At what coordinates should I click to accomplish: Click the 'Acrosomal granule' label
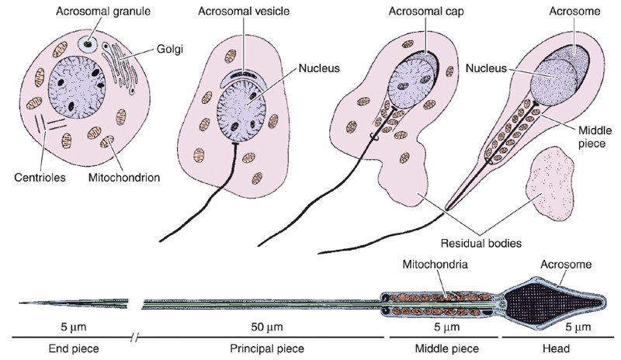coord(103,11)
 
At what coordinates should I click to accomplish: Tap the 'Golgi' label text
coord(170,49)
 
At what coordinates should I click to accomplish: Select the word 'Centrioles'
coord(40,177)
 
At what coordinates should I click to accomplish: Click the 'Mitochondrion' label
coord(124,177)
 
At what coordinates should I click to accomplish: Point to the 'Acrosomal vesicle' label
coord(244,11)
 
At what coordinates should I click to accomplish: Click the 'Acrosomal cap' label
coord(426,11)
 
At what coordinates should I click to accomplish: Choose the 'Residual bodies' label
coord(481,242)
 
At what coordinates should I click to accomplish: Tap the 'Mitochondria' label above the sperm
coord(435,264)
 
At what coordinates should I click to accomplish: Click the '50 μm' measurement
coord(267,327)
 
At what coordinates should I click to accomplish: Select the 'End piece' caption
coord(74,348)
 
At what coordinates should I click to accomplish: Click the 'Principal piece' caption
coord(267,348)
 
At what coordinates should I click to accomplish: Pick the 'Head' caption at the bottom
coord(556,348)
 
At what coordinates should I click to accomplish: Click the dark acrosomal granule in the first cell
coord(88,44)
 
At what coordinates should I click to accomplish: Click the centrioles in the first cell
coord(49,123)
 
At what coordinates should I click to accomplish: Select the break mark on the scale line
coord(135,337)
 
